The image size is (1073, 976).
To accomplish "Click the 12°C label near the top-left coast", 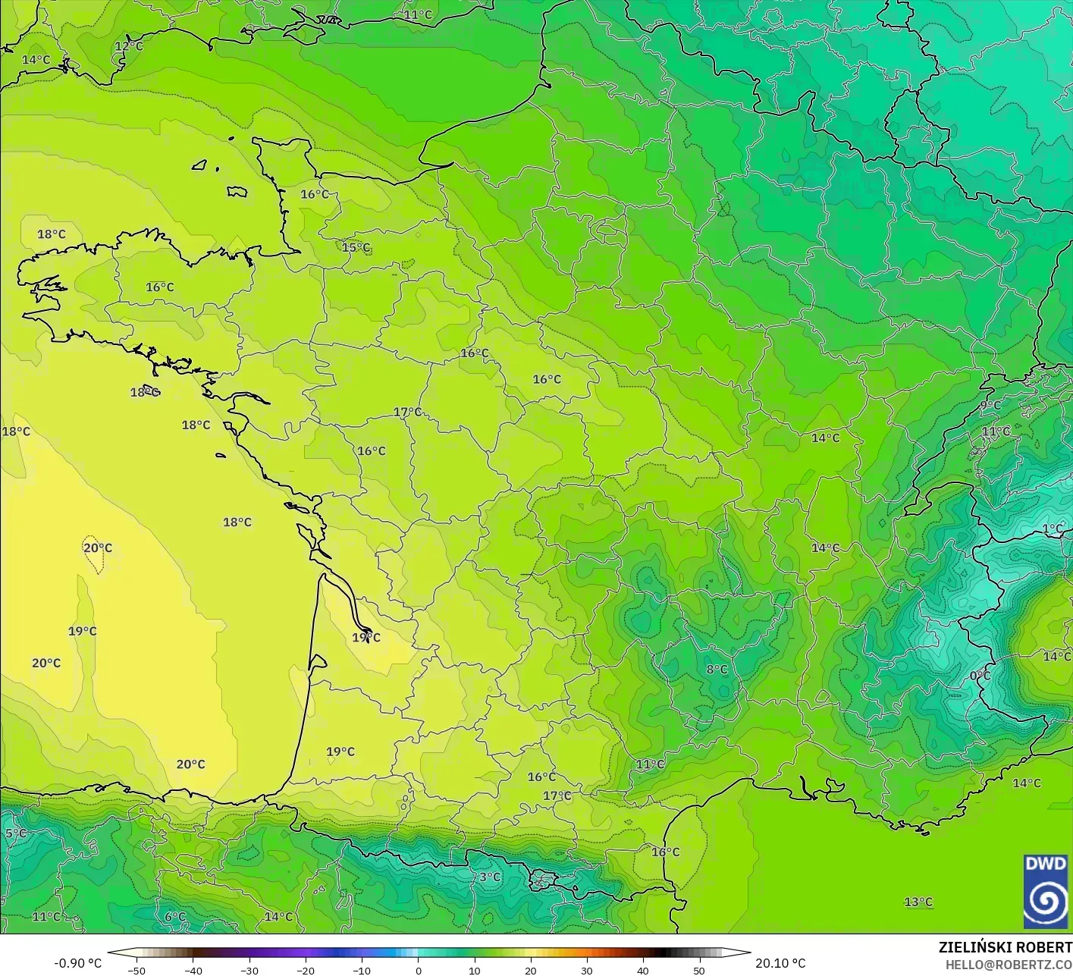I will coord(129,46).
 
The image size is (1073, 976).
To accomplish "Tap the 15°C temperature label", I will coord(356,247).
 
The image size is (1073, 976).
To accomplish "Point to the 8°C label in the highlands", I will coord(717,669).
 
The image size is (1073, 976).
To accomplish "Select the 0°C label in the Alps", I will coord(980,675).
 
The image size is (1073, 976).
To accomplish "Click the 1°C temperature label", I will coord(1053,529).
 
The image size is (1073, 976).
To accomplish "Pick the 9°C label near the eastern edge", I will coord(990,405).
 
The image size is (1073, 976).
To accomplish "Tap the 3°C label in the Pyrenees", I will coord(490,877).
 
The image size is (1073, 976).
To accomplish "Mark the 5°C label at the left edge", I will coord(15,833).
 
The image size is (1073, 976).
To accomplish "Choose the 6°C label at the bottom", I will coord(175,916).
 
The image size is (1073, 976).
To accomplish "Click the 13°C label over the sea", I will coord(918,902).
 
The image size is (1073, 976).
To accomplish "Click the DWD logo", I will coord(1046,891).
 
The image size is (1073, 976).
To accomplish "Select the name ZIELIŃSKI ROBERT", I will coord(1005,947).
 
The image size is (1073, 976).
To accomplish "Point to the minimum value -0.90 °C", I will coord(77,963).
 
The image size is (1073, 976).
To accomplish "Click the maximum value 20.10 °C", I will coord(780,963).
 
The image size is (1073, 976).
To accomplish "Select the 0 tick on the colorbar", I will coord(418,971).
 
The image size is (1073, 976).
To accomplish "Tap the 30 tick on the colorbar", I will coord(587,971).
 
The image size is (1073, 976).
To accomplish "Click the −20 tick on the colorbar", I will coord(305,971).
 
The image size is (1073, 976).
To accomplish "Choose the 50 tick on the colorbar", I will coord(699,971).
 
